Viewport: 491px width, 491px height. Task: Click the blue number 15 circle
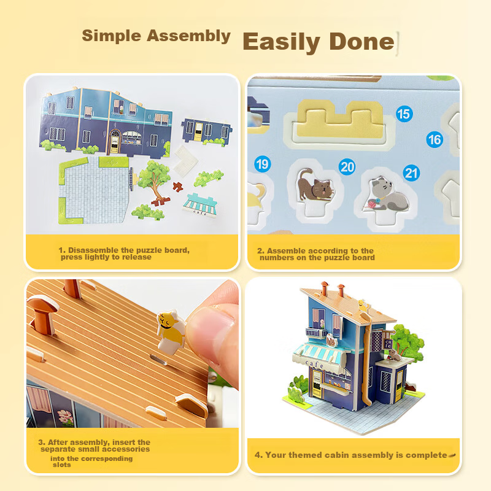pos(404,114)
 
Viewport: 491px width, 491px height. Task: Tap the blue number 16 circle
pos(435,140)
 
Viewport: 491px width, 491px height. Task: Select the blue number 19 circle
pos(263,164)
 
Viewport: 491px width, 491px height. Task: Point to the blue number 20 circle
pos(347,167)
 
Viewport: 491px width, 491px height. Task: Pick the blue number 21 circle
pos(411,173)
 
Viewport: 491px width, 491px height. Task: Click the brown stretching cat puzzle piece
pos(315,185)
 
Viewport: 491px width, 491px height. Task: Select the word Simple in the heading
pos(112,36)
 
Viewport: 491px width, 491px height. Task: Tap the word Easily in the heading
pos(281,43)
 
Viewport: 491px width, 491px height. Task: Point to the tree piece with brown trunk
pos(155,182)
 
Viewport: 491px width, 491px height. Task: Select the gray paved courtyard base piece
pos(95,190)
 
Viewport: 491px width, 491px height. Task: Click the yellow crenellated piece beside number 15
pos(341,120)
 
